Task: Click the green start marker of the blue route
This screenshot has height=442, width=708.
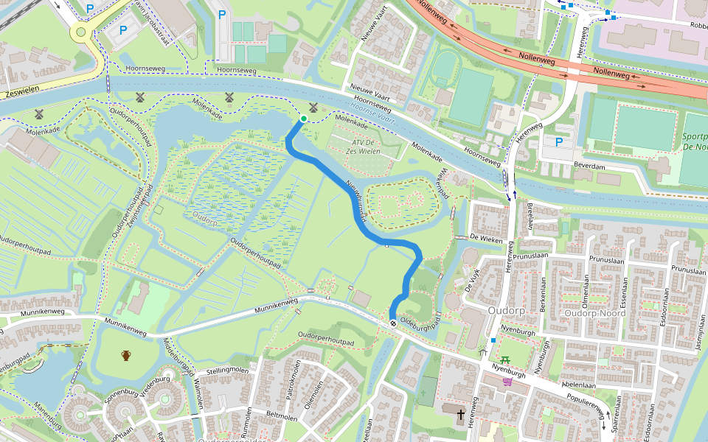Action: [x=303, y=119]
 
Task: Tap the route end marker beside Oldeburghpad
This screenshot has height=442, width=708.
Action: [x=394, y=321]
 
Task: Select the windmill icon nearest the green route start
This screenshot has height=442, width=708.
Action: [x=313, y=108]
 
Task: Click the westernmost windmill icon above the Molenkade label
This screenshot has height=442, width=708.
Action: [x=38, y=114]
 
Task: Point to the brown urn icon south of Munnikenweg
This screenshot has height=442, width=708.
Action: [x=126, y=356]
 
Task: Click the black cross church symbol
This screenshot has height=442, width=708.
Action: [x=462, y=415]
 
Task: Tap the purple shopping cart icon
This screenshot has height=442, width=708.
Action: [x=507, y=381]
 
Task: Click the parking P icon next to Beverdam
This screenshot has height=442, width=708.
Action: [x=559, y=142]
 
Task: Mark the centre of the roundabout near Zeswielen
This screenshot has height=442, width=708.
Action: [x=80, y=32]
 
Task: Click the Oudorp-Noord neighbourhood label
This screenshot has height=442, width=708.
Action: [x=594, y=313]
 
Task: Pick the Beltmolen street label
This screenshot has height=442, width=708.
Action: [x=280, y=417]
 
